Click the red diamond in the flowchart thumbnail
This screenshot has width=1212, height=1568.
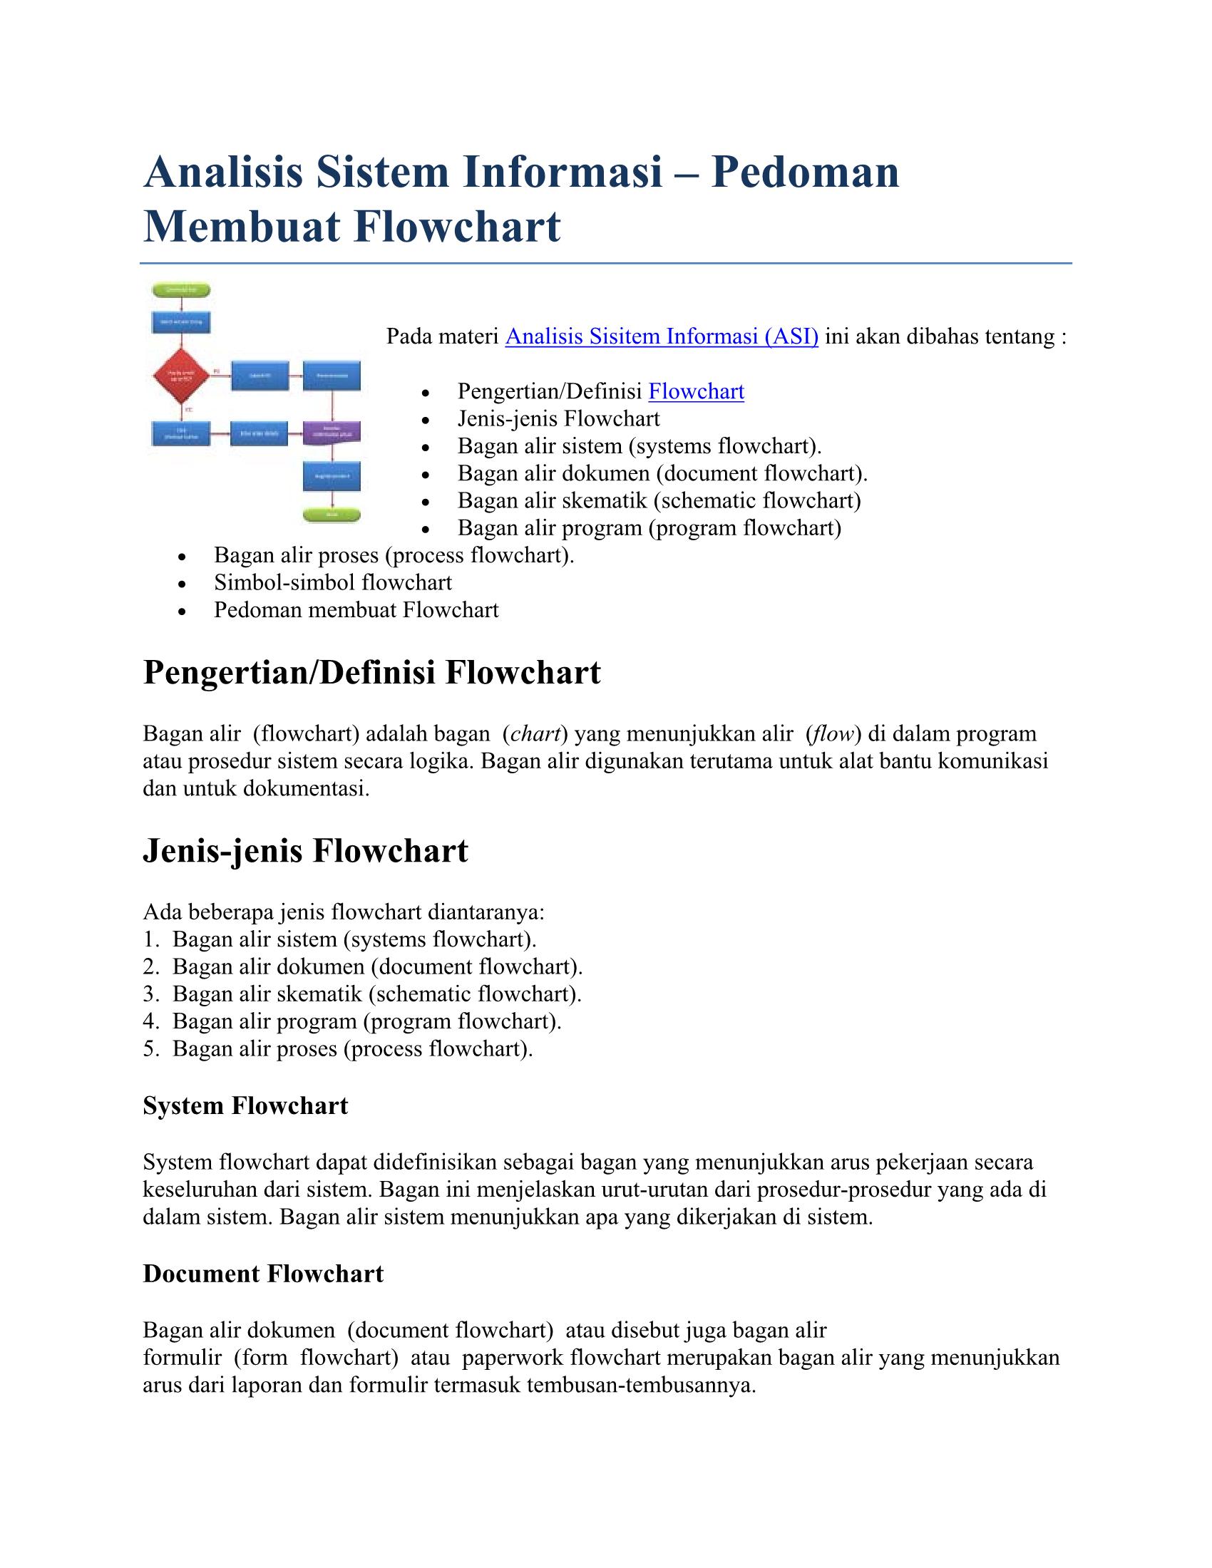click(181, 376)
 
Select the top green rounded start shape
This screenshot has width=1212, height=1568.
click(181, 290)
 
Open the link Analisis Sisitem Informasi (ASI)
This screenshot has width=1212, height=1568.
click(662, 336)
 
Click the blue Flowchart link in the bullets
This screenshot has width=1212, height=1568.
click(696, 392)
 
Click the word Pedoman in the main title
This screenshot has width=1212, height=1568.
click(805, 173)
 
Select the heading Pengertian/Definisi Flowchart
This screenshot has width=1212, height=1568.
click(371, 674)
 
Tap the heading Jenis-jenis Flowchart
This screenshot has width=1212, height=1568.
click(305, 852)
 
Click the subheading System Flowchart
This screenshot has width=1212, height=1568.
click(245, 1105)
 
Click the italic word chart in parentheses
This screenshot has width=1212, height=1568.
click(535, 733)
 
